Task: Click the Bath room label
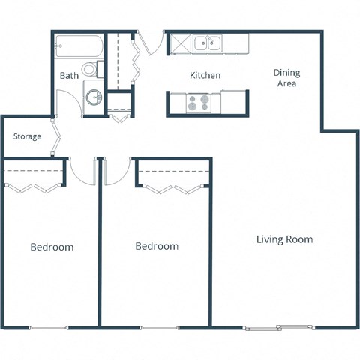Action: [x=69, y=75]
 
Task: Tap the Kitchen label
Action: [x=205, y=75]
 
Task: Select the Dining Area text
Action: [x=286, y=78]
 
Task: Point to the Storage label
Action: [x=28, y=136]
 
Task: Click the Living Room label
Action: [x=284, y=239]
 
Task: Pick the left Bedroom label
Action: [x=52, y=247]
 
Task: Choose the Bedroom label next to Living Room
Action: [x=157, y=246]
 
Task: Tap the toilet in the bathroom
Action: [x=91, y=70]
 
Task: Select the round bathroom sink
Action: [x=94, y=97]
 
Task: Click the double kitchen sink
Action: [x=206, y=44]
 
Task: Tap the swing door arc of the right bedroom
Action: [x=116, y=172]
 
